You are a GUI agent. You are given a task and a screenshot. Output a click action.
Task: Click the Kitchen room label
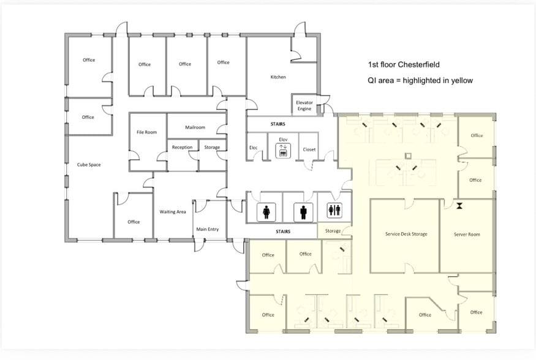point(278,77)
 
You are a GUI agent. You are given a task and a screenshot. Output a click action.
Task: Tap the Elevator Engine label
point(304,105)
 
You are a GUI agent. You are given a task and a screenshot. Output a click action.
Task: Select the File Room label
point(147,132)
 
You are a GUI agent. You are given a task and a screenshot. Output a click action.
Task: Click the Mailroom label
point(195,127)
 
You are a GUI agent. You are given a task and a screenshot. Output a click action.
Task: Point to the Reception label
point(182,147)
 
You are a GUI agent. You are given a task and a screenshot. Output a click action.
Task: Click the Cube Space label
point(89,165)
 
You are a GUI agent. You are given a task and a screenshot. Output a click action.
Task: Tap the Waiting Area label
point(173,212)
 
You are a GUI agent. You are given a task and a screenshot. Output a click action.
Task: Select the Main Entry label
point(207,230)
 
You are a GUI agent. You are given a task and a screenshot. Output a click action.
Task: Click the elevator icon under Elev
point(283,152)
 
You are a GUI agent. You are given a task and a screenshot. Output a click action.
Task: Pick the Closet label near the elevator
point(309,149)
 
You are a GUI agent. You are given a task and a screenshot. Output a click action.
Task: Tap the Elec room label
point(253,148)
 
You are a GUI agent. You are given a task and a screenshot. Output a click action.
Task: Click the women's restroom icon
point(266,212)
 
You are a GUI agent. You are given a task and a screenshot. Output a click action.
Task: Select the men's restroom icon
point(304,212)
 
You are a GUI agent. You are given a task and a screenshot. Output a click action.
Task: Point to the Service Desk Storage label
point(406,234)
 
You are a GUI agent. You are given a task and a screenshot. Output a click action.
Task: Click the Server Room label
point(467,234)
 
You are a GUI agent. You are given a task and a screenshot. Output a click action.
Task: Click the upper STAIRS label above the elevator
point(277,124)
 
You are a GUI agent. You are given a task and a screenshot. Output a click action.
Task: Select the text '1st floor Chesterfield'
point(403,64)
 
